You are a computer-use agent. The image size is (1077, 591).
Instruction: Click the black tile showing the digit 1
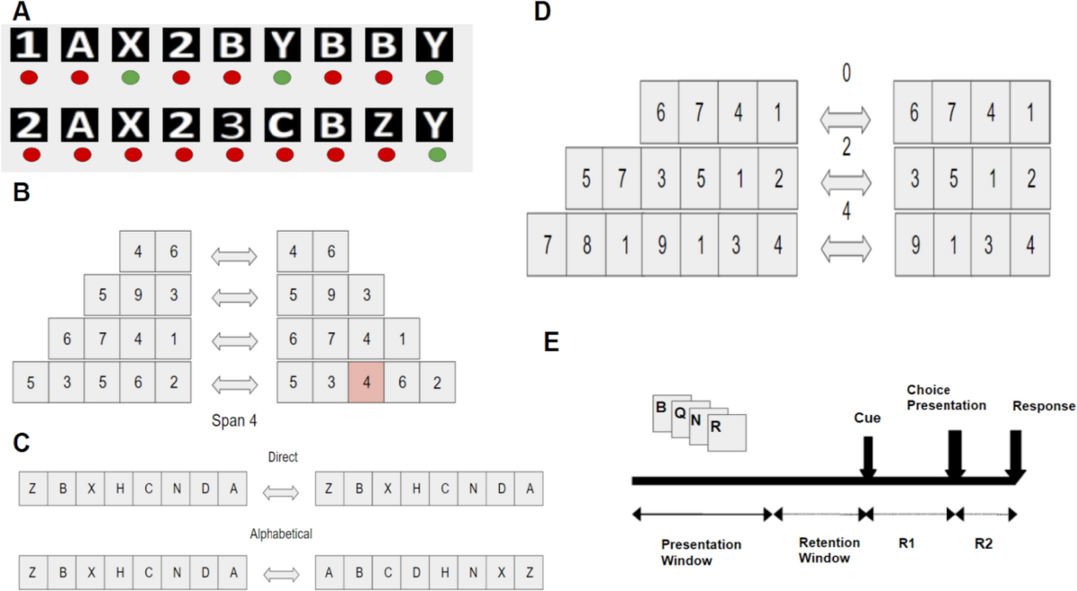click(x=28, y=47)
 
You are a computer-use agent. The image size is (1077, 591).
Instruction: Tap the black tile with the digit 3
click(x=233, y=124)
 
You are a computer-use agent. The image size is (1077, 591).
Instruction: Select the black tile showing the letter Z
click(x=386, y=124)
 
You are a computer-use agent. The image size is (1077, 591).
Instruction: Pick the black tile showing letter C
click(x=285, y=124)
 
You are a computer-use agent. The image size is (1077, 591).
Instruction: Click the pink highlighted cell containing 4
click(x=366, y=382)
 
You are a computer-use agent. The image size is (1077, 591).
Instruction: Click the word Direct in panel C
click(x=283, y=457)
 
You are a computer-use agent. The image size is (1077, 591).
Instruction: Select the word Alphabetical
click(x=281, y=534)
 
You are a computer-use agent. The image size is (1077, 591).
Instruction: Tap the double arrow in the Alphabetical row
click(x=281, y=572)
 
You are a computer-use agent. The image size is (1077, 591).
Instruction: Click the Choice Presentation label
click(x=946, y=399)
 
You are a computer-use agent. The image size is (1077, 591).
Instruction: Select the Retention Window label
click(x=829, y=550)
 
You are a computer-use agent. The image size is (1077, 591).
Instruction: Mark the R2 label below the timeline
click(x=984, y=543)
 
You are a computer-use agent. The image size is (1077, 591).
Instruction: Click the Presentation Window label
click(x=701, y=552)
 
